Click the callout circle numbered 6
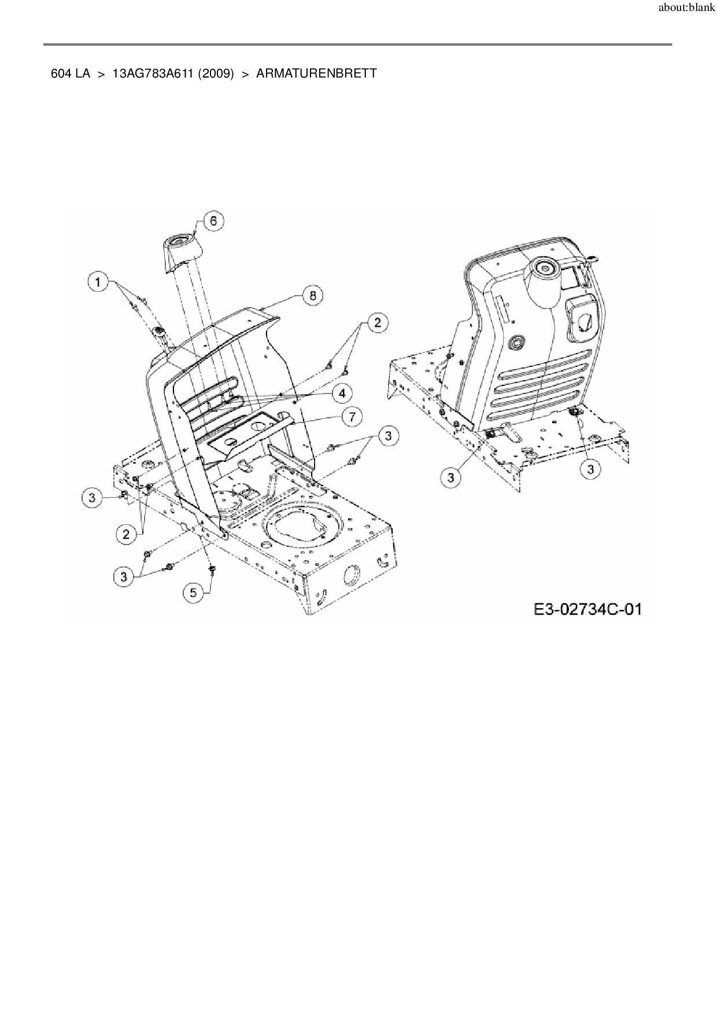click(213, 221)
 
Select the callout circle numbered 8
click(313, 296)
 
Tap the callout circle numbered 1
click(98, 282)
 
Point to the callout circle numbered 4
click(342, 394)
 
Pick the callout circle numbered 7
click(352, 416)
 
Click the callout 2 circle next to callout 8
click(378, 322)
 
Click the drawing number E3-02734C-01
click(587, 609)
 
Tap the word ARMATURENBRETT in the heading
click(316, 74)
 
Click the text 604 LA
click(71, 74)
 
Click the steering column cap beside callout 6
click(180, 251)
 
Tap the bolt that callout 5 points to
click(212, 569)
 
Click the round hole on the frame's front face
click(352, 575)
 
